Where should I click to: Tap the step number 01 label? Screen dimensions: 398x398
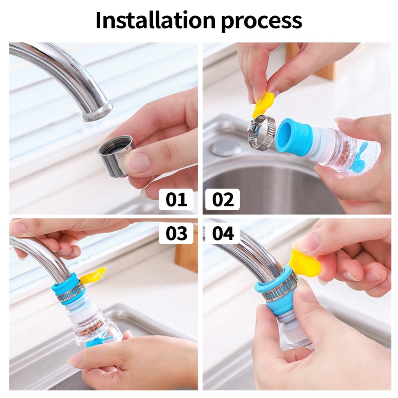pyautogui.click(x=176, y=199)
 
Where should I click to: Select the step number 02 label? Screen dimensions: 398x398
pyautogui.click(x=222, y=199)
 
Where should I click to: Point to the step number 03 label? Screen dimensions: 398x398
pyautogui.click(x=176, y=234)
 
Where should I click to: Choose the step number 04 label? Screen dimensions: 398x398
pyautogui.click(x=222, y=234)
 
